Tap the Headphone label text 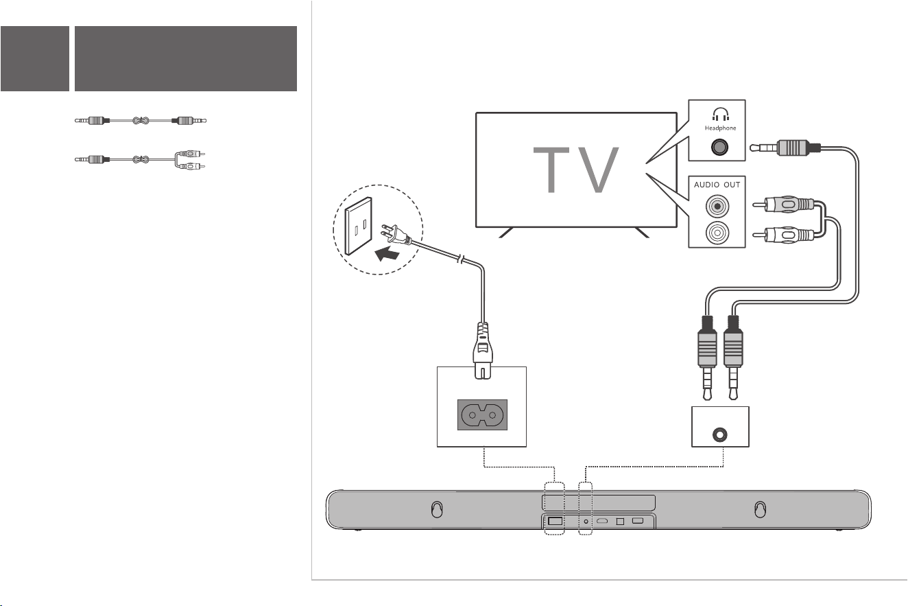tap(720, 128)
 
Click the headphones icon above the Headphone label tap(721, 114)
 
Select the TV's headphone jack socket tap(719, 148)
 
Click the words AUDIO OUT tap(717, 185)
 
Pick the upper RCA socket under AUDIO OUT tap(717, 207)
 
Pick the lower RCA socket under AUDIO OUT tap(717, 233)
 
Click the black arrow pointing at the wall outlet tap(387, 254)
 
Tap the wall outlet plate tap(359, 226)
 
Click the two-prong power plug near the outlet tap(396, 235)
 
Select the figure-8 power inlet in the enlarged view tap(482, 415)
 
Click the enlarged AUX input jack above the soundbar tap(719, 435)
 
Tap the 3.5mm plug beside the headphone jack tap(785, 148)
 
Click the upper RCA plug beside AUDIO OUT tap(784, 204)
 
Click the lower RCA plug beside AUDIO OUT tap(784, 235)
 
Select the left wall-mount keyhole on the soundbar tap(437, 509)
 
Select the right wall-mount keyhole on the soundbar tap(760, 509)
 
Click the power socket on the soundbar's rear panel tap(555, 521)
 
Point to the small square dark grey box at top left tap(35, 59)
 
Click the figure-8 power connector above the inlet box tap(483, 351)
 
